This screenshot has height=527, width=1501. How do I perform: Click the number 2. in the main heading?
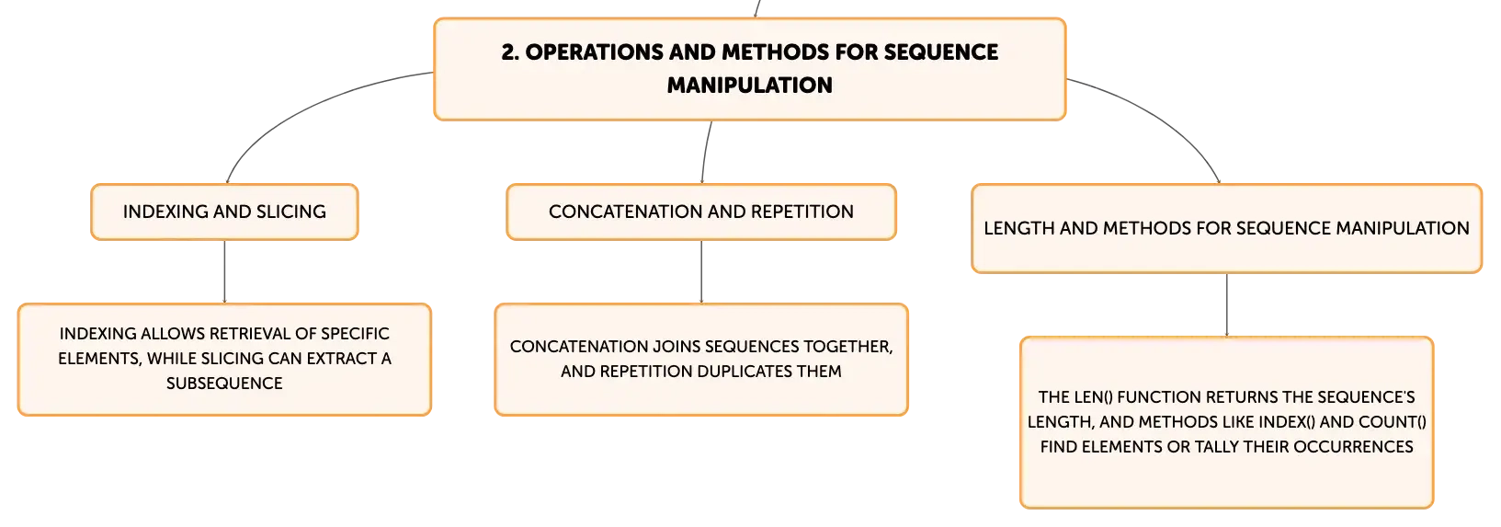[510, 52]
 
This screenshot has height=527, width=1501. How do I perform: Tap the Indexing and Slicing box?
[224, 212]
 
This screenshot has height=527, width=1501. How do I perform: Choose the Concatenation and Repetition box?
[701, 212]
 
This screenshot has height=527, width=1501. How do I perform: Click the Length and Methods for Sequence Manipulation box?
[1226, 229]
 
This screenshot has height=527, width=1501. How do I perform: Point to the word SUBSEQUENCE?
[224, 384]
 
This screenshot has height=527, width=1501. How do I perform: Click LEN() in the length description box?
[1094, 397]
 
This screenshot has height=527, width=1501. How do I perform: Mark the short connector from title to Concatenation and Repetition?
[705, 152]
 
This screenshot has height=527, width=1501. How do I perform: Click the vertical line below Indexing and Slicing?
[224, 271]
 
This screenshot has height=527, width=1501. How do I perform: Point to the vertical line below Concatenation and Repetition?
[701, 271]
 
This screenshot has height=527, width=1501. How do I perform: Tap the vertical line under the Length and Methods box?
[1227, 305]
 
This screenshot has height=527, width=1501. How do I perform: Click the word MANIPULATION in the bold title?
[750, 86]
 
